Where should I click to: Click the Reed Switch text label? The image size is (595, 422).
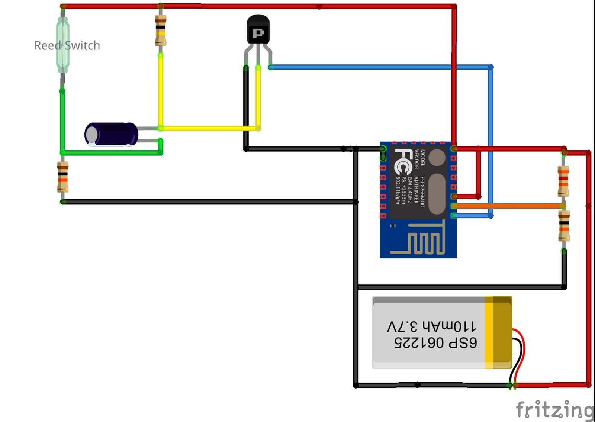(x=67, y=45)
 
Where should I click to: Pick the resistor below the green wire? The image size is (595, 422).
(x=63, y=177)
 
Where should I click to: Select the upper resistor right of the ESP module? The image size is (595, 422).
(x=563, y=181)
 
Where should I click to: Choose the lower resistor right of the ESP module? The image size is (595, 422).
(x=564, y=226)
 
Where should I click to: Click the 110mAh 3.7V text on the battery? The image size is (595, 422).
(x=431, y=327)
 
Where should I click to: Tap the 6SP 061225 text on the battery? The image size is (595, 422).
(x=435, y=342)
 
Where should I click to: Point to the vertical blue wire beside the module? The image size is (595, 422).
(x=491, y=141)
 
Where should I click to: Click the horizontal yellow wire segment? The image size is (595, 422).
(x=208, y=128)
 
